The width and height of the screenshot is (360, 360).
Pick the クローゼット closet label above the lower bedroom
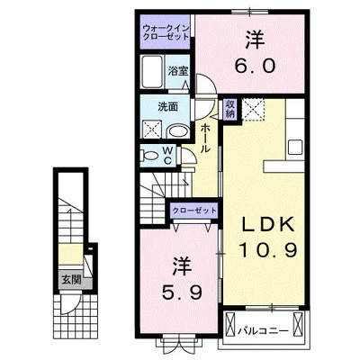coord(195,210)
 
